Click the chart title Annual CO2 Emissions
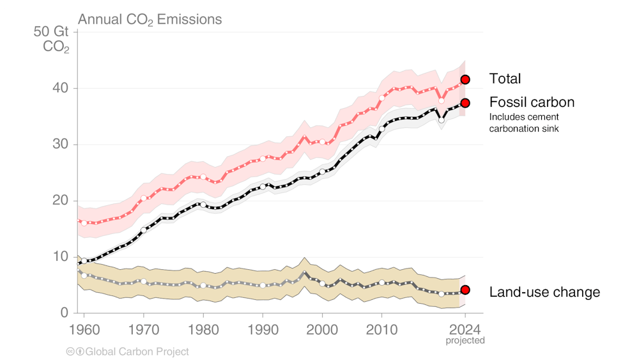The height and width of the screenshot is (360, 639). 150,19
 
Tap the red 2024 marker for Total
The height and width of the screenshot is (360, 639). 465,79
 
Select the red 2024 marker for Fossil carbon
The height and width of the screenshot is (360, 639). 465,103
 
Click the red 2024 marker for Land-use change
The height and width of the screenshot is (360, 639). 465,290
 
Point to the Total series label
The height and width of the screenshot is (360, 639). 505,79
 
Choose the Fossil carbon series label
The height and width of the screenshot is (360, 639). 531,102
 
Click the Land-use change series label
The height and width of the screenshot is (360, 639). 544,292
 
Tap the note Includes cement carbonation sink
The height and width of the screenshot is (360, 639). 524,123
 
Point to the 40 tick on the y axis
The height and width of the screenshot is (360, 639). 60,88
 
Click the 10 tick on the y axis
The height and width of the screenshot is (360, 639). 60,256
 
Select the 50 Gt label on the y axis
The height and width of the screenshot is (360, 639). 53,33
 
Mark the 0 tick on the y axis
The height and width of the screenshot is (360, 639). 65,313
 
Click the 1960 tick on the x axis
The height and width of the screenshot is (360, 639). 84,324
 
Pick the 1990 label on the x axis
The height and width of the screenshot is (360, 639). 263,324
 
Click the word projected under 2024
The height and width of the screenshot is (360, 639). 465,340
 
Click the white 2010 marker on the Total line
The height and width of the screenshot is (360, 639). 382,98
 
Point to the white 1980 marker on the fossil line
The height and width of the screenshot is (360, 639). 203,205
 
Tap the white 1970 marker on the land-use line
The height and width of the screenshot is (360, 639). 143,281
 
